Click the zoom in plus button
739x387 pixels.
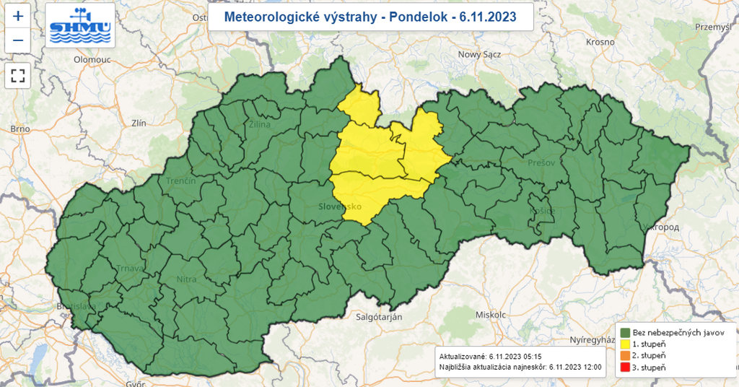[19, 15]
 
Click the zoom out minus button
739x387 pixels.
[19, 40]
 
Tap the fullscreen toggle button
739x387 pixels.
[19, 74]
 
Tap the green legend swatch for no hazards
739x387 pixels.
[625, 331]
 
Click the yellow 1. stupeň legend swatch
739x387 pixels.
[625, 344]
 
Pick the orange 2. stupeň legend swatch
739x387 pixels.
[625, 356]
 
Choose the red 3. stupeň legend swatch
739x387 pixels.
[625, 368]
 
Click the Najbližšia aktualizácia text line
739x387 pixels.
[520, 368]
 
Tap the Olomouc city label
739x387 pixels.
[92, 60]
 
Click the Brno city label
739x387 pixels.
[19, 129]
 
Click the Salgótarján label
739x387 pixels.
[379, 317]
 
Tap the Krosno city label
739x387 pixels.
[600, 43]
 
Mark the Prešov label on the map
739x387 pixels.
[541, 162]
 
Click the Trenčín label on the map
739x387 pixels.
[181, 181]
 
